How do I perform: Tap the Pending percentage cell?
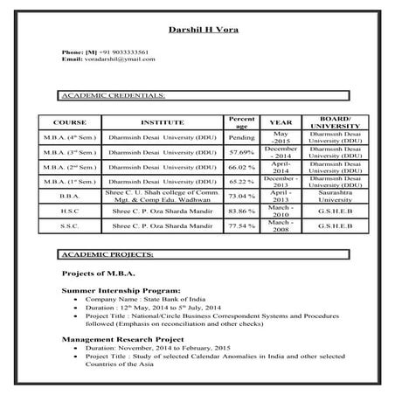click(x=240, y=137)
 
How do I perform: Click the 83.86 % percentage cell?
click(x=240, y=211)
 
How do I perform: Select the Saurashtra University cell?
click(x=336, y=196)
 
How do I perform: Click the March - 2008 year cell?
click(x=281, y=225)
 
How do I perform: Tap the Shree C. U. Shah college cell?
click(x=162, y=196)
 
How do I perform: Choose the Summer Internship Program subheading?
click(x=121, y=289)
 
